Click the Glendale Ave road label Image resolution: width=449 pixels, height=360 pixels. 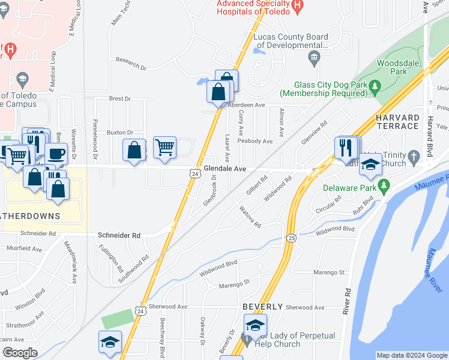pos(225,169)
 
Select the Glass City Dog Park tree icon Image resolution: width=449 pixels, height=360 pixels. pos(375,86)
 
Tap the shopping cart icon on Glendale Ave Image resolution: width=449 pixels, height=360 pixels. pos(164,147)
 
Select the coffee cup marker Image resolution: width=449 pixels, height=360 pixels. pos(56,154)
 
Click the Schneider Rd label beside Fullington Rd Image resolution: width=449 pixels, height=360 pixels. pos(119,236)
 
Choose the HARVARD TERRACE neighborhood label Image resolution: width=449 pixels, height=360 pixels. pos(397,121)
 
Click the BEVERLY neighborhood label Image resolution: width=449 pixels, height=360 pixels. pos(262,307)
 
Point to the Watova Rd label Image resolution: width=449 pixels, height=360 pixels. pos(250,217)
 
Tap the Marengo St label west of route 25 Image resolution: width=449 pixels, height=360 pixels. pos(234,284)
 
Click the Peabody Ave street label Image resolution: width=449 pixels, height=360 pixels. pos(255,142)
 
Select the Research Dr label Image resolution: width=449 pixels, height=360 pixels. pos(131,65)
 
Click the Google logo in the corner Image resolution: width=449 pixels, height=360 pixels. pos(20,353)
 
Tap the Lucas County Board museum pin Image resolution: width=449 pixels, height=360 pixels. pos(313,58)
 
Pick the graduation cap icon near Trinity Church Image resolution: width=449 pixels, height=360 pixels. pos(370,164)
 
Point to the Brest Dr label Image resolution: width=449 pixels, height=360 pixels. pos(119,99)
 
